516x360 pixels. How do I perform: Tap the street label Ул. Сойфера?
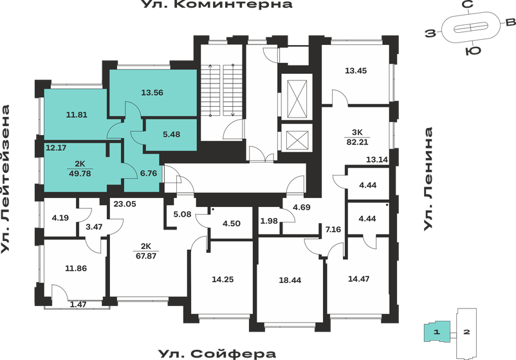pyautogui.click(x=216, y=353)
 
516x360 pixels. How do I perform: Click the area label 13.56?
pyautogui.click(x=152, y=92)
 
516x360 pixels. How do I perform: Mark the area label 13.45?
pyautogui.click(x=355, y=71)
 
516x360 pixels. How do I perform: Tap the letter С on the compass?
pyautogui.click(x=468, y=5)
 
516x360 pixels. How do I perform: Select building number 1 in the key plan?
pyautogui.click(x=436, y=332)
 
